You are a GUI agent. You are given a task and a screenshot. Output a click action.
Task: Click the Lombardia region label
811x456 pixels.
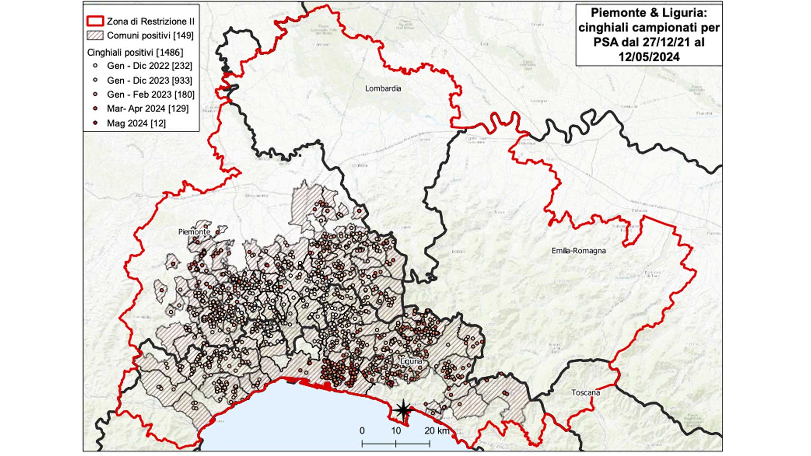click(x=383, y=89)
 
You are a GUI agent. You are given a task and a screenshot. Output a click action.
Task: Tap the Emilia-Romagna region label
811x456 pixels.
click(x=578, y=251)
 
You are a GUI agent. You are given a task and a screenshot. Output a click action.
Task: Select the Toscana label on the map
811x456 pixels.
click(x=585, y=393)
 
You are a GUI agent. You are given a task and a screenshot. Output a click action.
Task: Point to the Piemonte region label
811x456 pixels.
click(x=194, y=232)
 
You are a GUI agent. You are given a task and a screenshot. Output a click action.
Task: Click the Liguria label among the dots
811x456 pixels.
click(x=411, y=361)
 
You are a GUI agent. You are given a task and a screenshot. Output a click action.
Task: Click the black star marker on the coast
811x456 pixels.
click(x=403, y=410)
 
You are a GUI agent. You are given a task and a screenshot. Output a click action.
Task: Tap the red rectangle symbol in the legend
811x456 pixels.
click(x=95, y=21)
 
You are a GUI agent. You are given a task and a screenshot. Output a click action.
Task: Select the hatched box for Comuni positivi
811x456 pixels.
click(x=95, y=35)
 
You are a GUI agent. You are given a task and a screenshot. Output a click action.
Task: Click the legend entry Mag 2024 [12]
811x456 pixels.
click(x=136, y=123)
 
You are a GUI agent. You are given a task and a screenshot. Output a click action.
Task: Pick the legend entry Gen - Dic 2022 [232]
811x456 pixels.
click(x=149, y=66)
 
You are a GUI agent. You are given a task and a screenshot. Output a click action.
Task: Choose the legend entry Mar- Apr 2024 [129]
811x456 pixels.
click(x=147, y=109)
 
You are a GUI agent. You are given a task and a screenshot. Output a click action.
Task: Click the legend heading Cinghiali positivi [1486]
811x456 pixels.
click(x=135, y=52)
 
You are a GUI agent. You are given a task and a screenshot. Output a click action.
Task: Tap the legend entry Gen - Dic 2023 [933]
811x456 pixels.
click(x=149, y=80)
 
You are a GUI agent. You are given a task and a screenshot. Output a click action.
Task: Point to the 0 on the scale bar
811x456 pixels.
click(x=362, y=431)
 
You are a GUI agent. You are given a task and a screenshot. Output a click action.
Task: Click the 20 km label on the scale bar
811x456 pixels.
click(x=437, y=431)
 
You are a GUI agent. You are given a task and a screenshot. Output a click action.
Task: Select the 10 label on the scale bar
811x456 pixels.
click(x=395, y=431)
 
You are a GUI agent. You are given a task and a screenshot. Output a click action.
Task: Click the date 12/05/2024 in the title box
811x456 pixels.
click(x=649, y=57)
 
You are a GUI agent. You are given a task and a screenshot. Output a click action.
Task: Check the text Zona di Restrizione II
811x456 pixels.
click(x=150, y=21)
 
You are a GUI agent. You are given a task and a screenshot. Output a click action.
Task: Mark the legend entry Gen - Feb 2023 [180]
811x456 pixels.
click(x=150, y=95)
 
